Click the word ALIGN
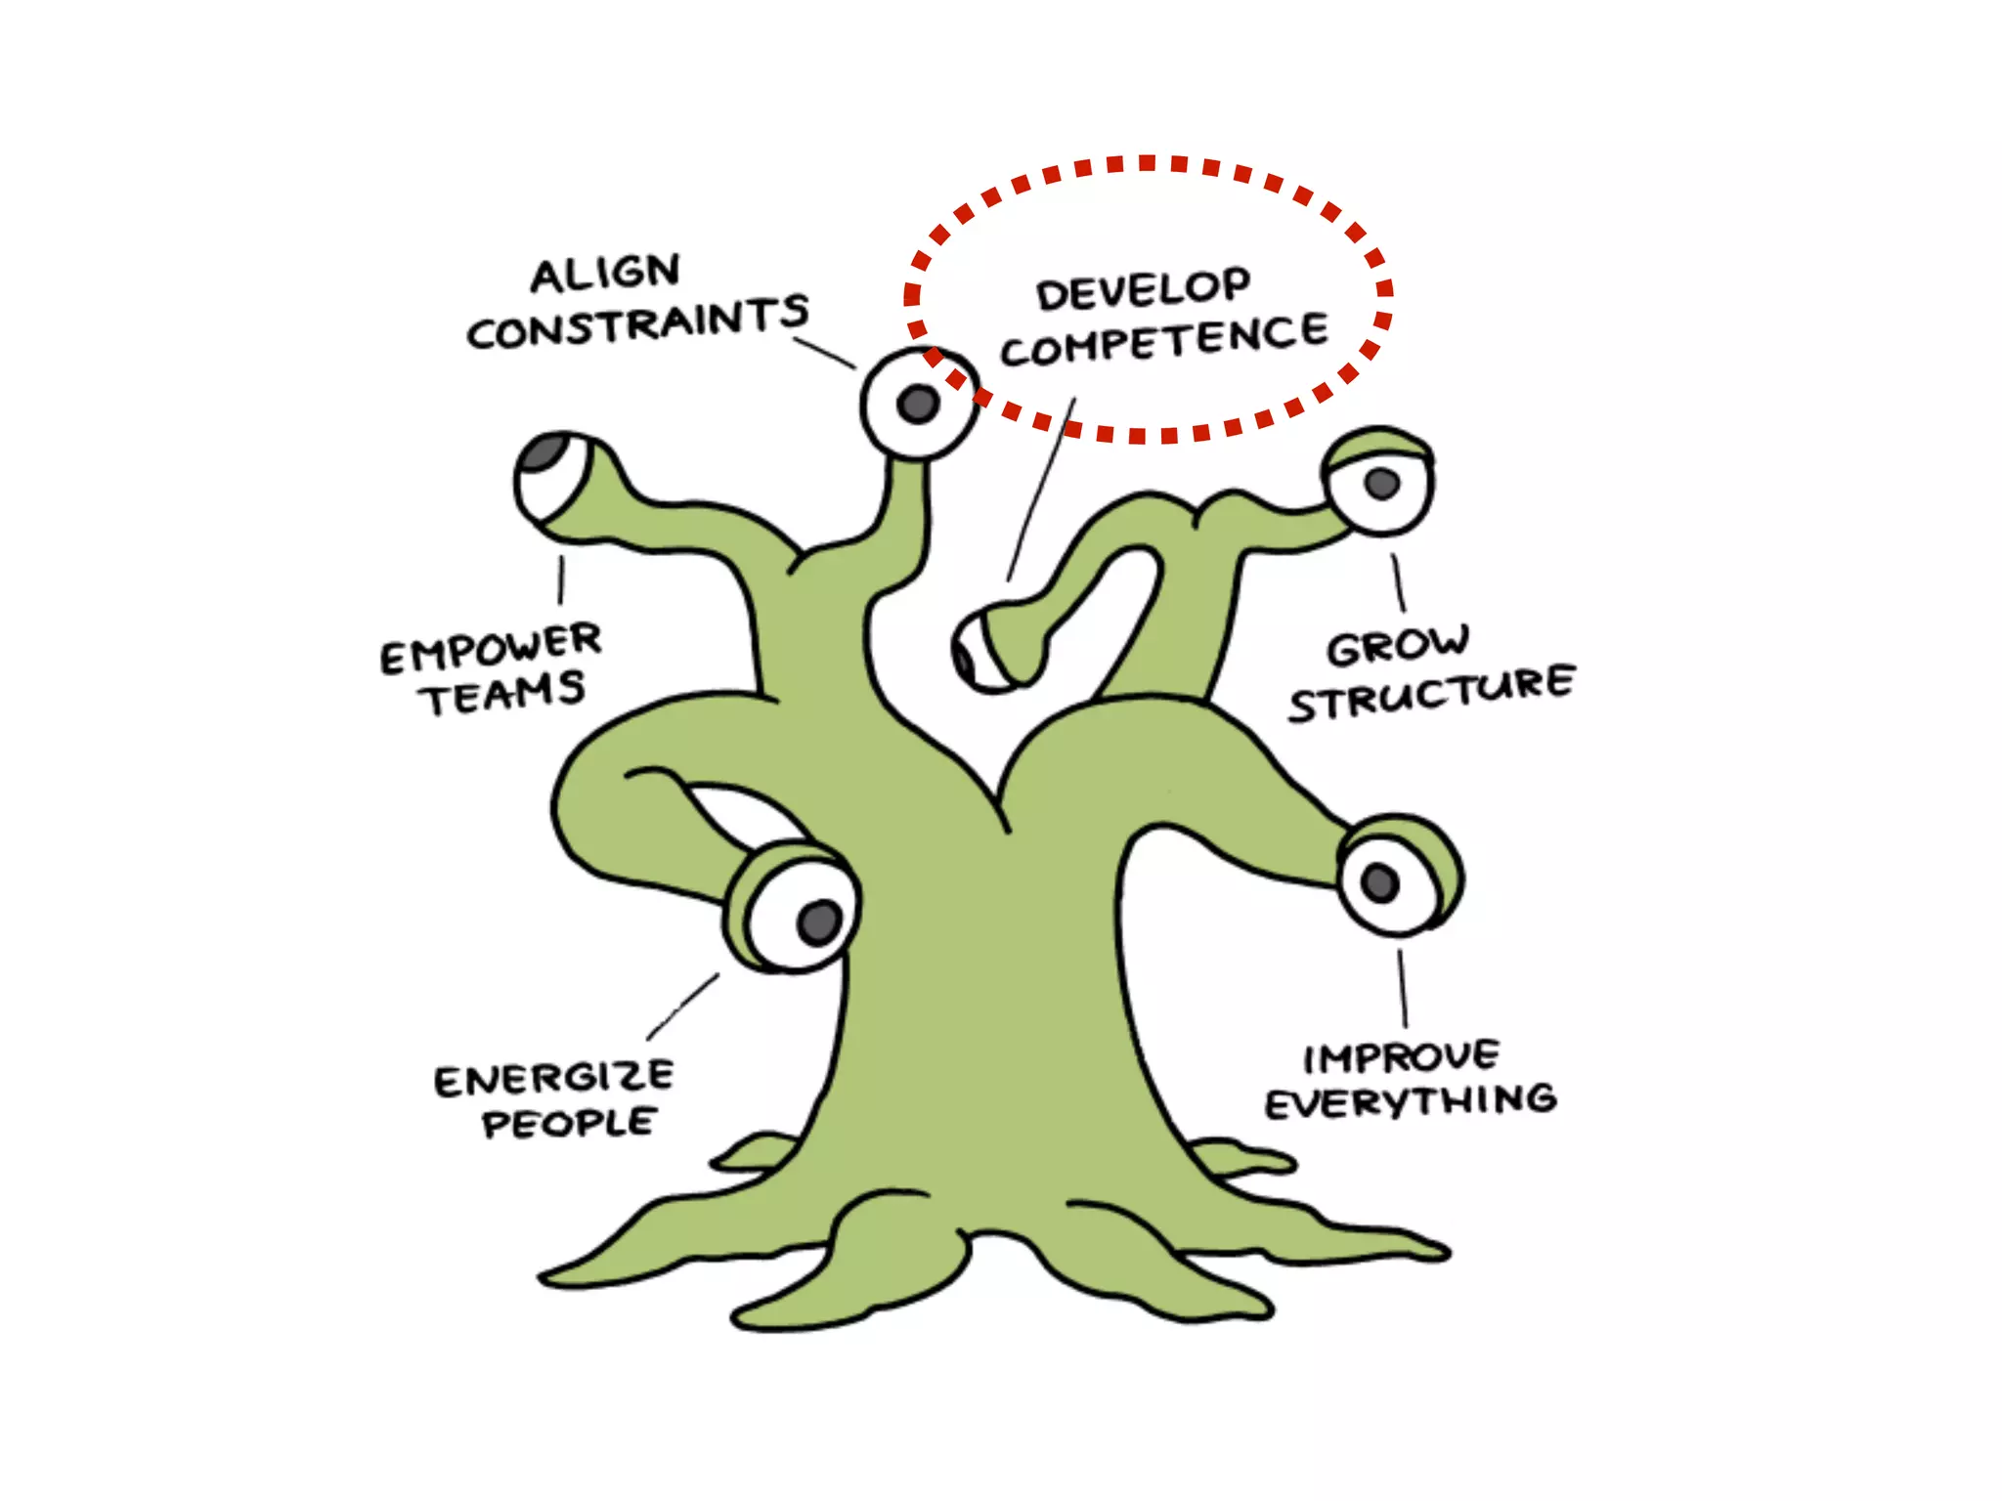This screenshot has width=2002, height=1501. tap(605, 274)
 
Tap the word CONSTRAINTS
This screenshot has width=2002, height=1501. tap(637, 322)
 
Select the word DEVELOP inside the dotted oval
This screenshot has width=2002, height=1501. tap(1143, 290)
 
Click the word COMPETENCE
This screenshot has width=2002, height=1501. tap(1163, 339)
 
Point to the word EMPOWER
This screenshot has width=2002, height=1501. tap(491, 648)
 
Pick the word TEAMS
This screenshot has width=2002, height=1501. tap(504, 694)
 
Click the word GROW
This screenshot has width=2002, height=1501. tap(1398, 646)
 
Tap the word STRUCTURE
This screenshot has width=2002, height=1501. tap(1431, 694)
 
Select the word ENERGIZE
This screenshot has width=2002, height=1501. tap(553, 1079)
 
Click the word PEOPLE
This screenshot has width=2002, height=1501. tap(568, 1123)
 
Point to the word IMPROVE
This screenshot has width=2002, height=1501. tap(1401, 1056)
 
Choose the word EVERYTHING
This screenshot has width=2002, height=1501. tap(1411, 1102)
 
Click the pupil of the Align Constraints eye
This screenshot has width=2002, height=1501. tap(918, 403)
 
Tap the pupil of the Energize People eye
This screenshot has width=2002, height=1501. tap(819, 922)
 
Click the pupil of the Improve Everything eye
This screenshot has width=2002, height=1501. tap(1380, 882)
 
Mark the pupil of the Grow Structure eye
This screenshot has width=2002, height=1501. tap(1381, 482)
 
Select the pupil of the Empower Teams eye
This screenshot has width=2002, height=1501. tap(544, 452)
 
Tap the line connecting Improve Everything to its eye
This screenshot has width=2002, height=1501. tap(1403, 987)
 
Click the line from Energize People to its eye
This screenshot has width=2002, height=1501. tap(682, 1007)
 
